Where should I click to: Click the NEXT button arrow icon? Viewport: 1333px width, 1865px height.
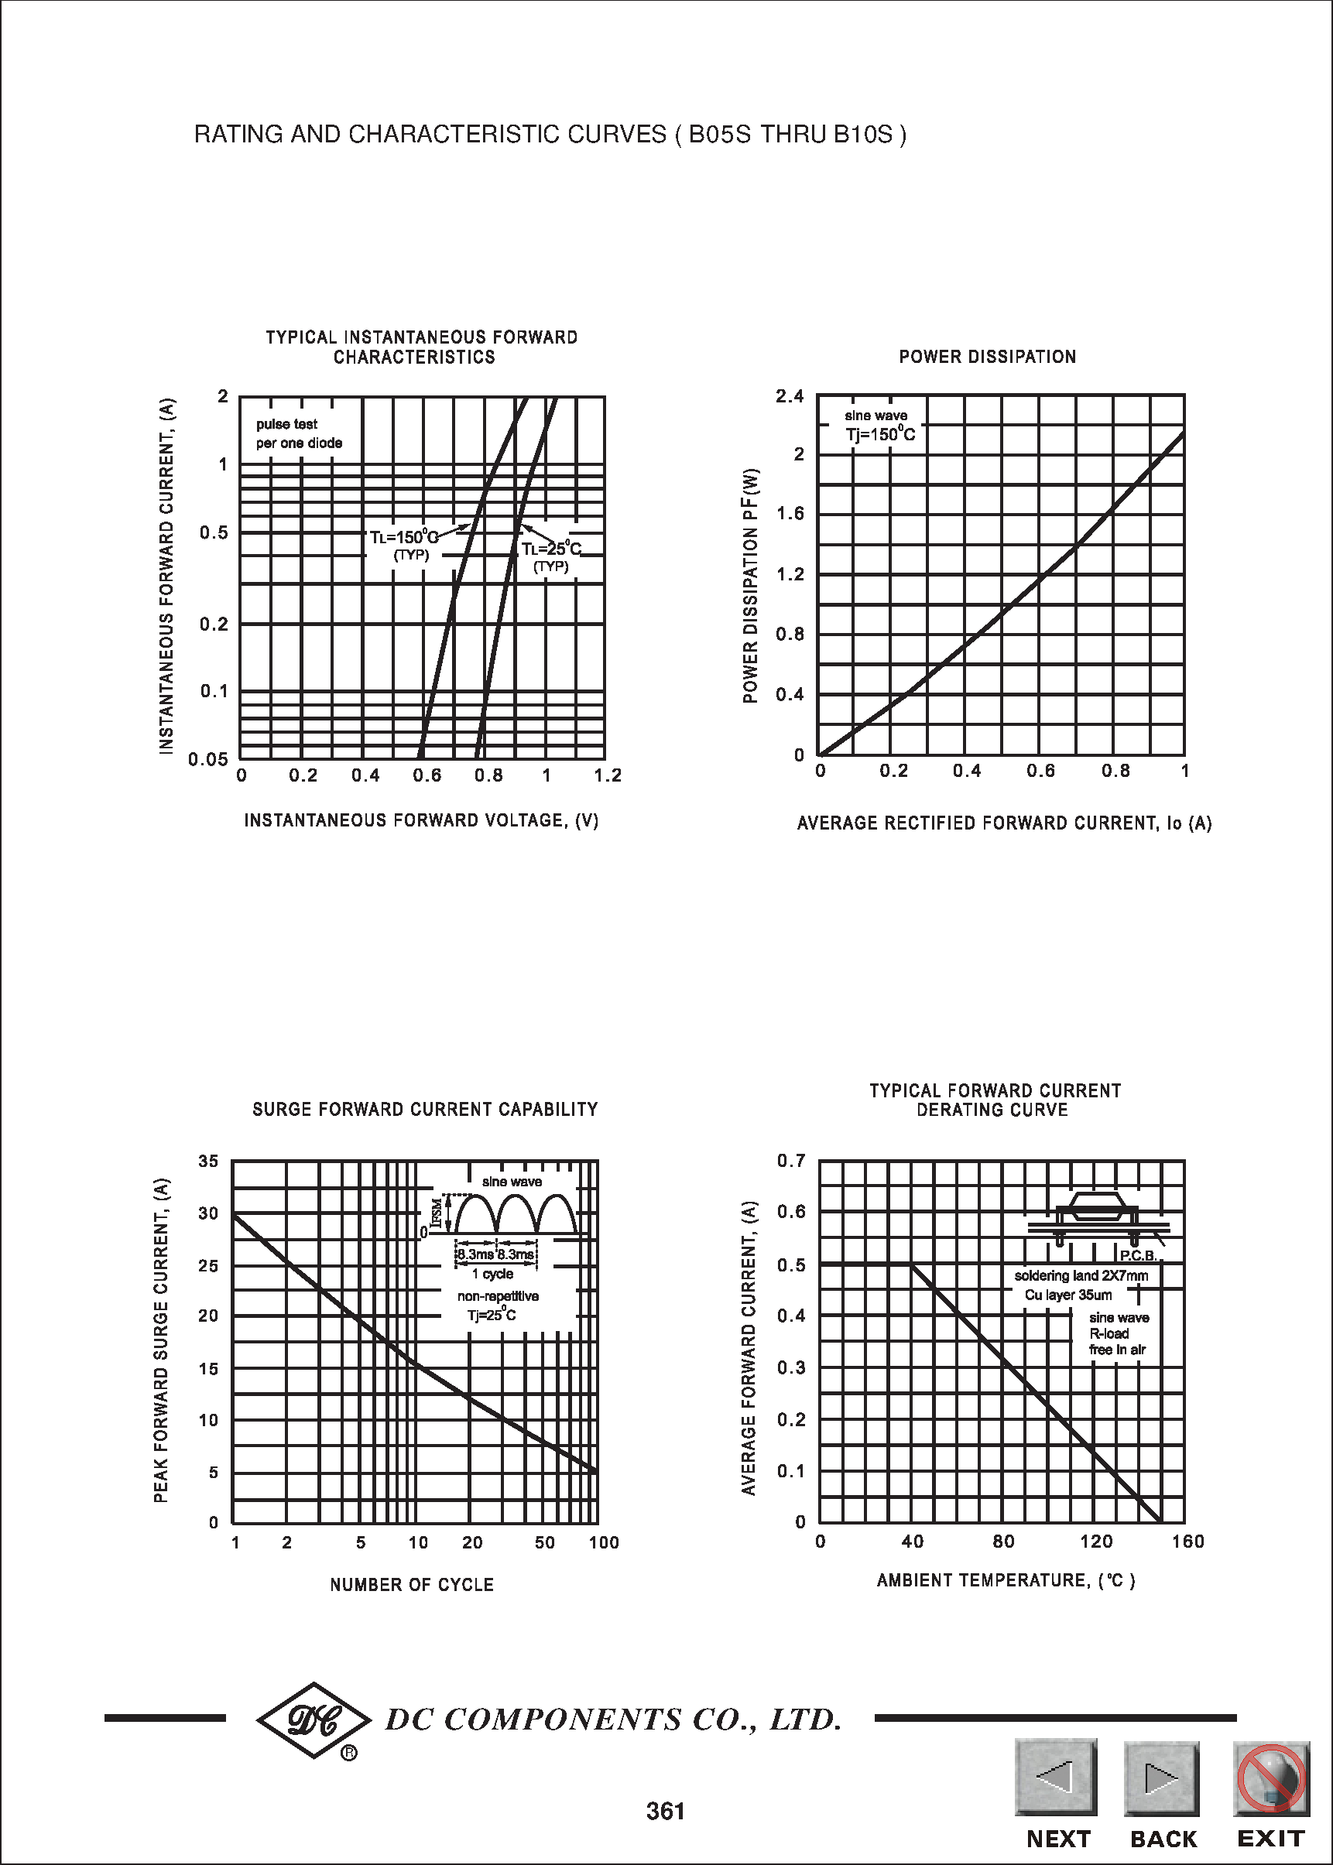click(1056, 1776)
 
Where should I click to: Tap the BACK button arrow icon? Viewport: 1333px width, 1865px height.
click(1160, 1776)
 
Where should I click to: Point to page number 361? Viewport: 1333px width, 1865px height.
click(666, 1811)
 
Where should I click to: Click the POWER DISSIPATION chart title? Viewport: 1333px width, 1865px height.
click(988, 357)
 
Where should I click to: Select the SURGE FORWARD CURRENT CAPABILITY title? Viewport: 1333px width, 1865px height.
click(425, 1109)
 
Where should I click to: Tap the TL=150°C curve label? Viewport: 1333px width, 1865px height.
click(404, 537)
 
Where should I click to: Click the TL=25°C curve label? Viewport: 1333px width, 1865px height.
click(550, 549)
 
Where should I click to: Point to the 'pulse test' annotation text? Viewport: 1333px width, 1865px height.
click(286, 424)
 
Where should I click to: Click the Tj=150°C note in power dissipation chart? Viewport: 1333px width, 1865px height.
click(880, 434)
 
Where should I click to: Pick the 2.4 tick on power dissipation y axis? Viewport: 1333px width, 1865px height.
click(790, 396)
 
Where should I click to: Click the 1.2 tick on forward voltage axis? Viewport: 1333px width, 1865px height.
click(608, 775)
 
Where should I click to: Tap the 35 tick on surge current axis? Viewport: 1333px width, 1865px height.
click(208, 1161)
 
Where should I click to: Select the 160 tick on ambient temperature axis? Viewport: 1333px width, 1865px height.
click(1187, 1542)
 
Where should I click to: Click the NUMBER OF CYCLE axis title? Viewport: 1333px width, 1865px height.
click(412, 1584)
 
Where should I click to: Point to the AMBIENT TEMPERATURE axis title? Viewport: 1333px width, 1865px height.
click(1006, 1580)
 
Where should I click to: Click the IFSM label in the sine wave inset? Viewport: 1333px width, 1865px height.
click(437, 1213)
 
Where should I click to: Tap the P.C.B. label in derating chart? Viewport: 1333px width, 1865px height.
click(1138, 1255)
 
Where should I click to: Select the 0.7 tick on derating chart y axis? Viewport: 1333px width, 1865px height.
click(791, 1161)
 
